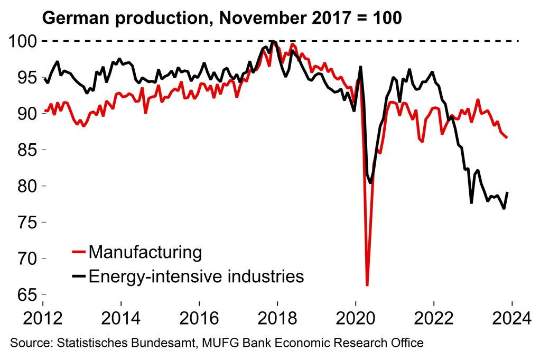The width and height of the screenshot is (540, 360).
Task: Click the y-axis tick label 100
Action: coord(22,41)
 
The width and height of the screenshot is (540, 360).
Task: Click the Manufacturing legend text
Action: coord(145,252)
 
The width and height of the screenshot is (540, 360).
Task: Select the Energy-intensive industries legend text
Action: coord(197,276)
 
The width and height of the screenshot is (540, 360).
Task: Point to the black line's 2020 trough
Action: coord(370,182)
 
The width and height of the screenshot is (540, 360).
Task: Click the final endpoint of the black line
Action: coord(508,192)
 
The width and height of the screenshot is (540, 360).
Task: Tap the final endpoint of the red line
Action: coord(507,137)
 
